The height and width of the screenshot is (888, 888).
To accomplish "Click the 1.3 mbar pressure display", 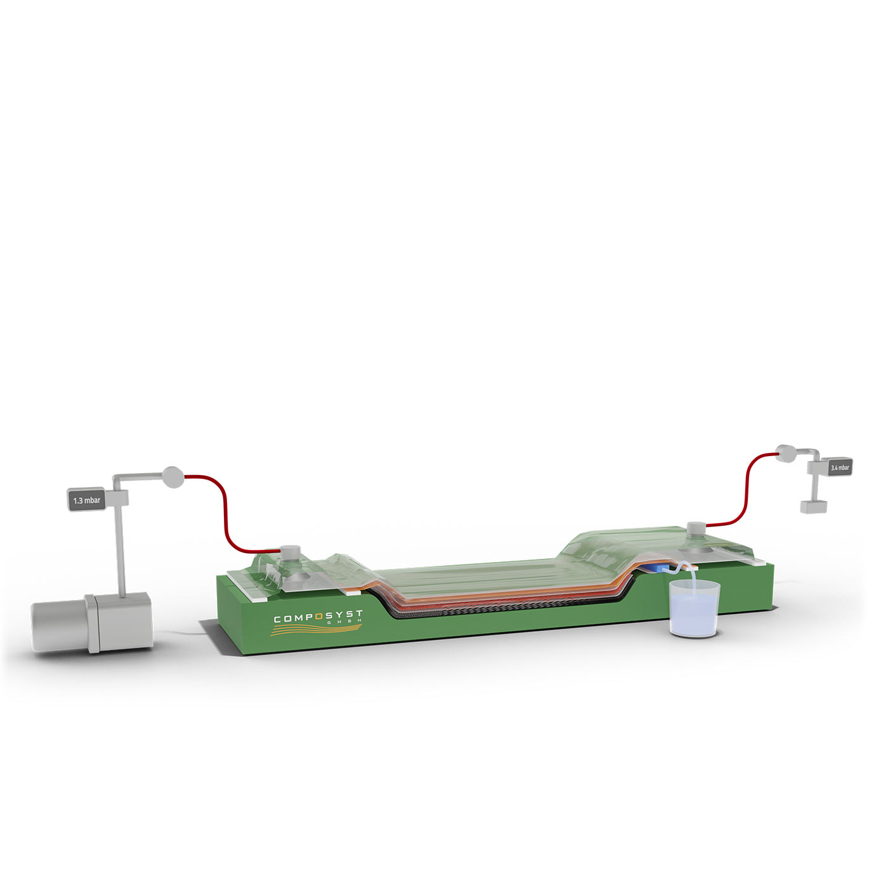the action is click(x=87, y=500).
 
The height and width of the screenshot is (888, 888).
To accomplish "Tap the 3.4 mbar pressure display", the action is click(x=839, y=467).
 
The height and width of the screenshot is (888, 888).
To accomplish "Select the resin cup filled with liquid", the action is click(x=694, y=608).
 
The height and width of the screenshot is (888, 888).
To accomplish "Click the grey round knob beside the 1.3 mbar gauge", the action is click(x=173, y=478).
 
